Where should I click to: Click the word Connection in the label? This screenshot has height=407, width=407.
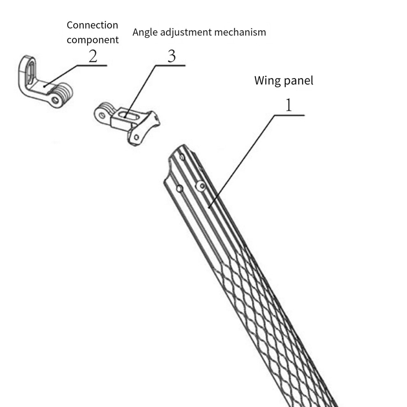point(92,25)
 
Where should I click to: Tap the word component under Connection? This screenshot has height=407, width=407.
point(92,40)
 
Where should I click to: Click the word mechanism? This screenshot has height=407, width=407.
point(240,32)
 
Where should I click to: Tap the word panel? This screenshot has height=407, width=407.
point(299,81)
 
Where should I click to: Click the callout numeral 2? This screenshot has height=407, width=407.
point(93,56)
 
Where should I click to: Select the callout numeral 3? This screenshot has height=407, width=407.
point(171,56)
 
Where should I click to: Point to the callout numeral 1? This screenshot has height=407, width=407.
point(289,105)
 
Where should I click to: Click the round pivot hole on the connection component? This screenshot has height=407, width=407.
point(55,100)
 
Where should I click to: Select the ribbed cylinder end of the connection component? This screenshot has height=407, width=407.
point(64,93)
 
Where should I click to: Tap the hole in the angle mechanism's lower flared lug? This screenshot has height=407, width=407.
point(136,137)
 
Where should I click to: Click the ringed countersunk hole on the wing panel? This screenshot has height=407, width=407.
point(201,185)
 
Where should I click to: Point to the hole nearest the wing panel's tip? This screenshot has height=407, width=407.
point(182,157)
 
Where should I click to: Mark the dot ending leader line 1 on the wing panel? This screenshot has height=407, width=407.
point(209,207)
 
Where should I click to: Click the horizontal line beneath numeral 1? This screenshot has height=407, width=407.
point(289,115)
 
